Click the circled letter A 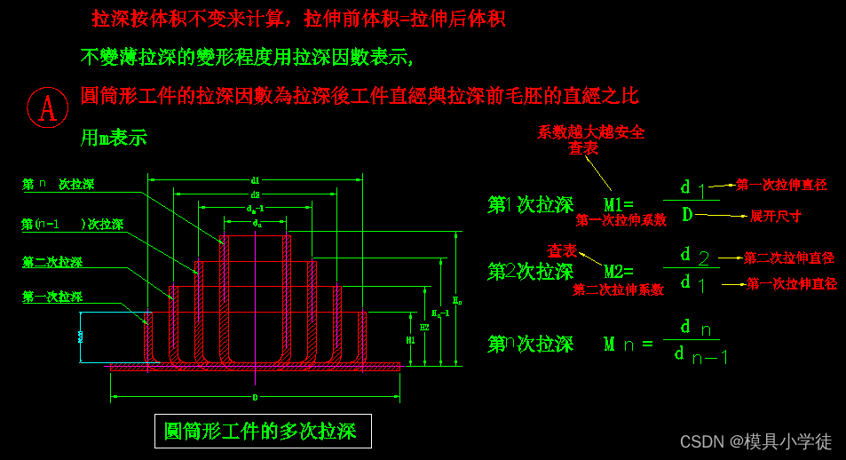tap(48, 107)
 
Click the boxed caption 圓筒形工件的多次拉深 tap(262, 432)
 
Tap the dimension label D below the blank tap(255, 396)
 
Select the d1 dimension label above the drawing tap(256, 180)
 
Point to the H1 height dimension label tap(410, 340)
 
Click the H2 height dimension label tap(424, 328)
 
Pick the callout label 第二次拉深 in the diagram tap(52, 262)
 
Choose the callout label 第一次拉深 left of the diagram tap(52, 297)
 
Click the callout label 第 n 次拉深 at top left tap(58, 185)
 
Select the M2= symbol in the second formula tap(619, 272)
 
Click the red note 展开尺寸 tap(775, 216)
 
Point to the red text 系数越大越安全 tap(590, 132)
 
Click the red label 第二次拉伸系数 tap(618, 289)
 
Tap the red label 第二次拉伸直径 tap(788, 258)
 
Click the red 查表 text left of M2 tap(561, 251)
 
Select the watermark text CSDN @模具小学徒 tap(755, 441)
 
